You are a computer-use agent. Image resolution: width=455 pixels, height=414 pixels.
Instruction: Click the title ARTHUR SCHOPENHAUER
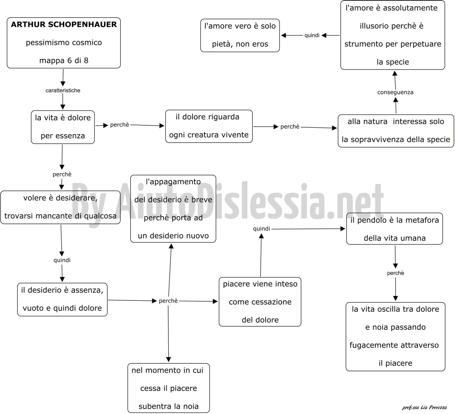click(64, 24)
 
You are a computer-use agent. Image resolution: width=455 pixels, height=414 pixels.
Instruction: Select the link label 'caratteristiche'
click(63, 91)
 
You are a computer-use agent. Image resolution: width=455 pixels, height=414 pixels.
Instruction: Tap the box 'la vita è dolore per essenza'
click(63, 127)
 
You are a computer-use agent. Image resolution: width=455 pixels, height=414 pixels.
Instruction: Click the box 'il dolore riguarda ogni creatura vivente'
click(209, 126)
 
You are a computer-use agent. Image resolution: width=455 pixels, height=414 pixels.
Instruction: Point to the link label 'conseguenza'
click(395, 92)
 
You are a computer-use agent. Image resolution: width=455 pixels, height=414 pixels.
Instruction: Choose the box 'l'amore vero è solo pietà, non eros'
click(240, 35)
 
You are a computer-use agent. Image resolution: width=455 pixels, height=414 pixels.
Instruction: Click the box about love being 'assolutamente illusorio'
click(392, 35)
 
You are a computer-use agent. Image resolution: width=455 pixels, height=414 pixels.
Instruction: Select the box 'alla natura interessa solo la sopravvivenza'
click(396, 131)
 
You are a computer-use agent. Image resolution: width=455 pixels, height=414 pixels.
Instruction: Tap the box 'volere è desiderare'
click(60, 207)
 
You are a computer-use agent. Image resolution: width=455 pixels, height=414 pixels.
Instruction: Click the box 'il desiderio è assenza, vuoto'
click(62, 299)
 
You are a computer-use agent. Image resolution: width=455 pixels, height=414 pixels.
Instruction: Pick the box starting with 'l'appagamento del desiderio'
click(173, 208)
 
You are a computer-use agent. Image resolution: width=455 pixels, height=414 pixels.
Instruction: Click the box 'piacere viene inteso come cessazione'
click(260, 302)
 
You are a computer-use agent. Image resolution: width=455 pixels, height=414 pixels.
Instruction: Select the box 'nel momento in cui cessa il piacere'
click(169, 388)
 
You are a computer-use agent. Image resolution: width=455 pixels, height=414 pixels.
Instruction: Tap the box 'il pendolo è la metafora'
click(394, 228)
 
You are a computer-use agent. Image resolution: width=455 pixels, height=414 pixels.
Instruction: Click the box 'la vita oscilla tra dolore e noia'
click(395, 336)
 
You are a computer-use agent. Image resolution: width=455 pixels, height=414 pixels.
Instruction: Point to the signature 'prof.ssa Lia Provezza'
click(425, 407)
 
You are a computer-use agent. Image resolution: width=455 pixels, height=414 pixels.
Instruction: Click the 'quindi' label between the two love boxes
click(312, 35)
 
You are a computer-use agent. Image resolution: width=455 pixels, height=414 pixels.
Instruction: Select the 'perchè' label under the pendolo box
click(395, 273)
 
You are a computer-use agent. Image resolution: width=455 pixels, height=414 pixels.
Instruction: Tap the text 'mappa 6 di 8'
click(64, 60)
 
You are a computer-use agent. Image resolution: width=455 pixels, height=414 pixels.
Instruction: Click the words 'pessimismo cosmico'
click(64, 43)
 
